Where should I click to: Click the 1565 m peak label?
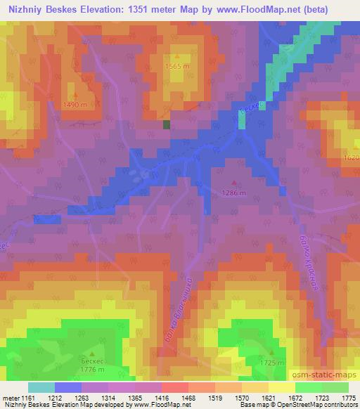click(177, 66)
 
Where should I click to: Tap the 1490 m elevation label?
click(75, 104)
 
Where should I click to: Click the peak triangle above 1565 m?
click(176, 56)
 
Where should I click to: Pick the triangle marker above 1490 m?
click(75, 94)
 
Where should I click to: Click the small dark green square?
click(167, 124)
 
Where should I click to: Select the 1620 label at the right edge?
click(352, 158)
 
